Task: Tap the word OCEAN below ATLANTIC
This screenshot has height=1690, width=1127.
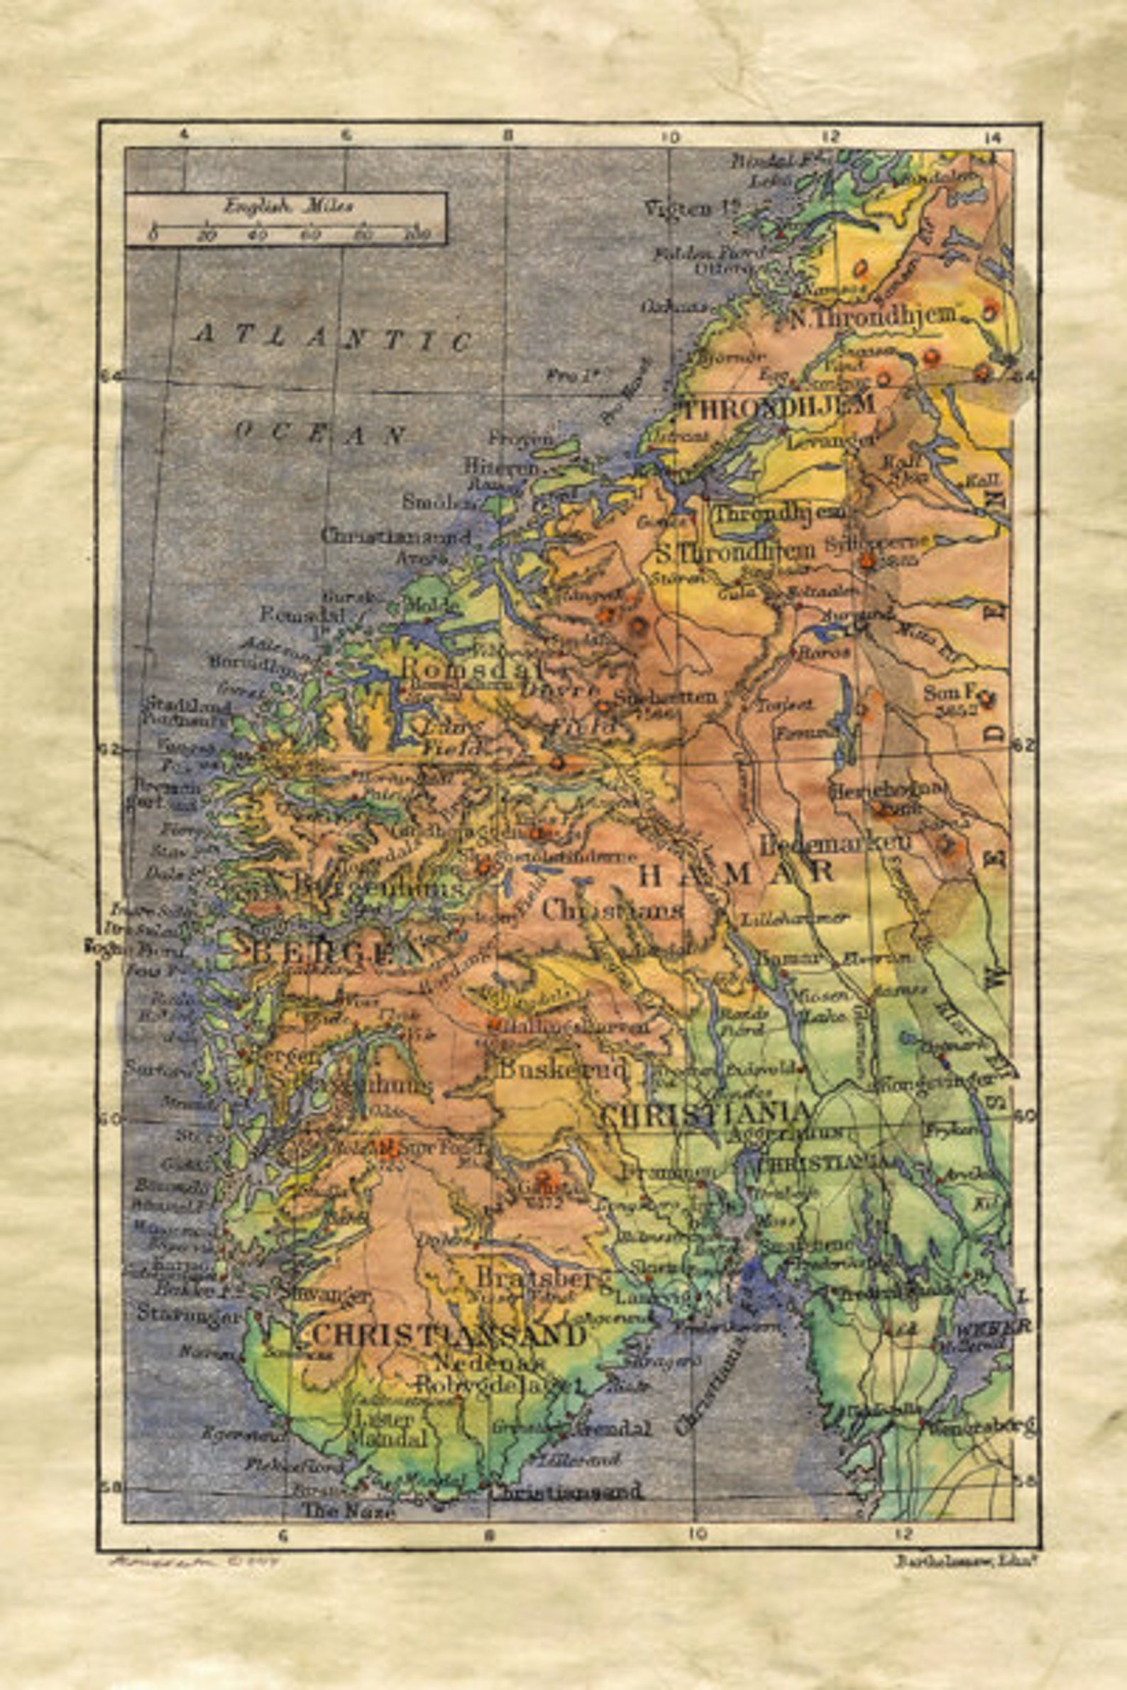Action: [321, 433]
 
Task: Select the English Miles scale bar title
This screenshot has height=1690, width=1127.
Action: [287, 207]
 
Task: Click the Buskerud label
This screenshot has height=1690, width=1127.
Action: [563, 1068]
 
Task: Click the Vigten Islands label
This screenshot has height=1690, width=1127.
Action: [691, 209]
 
